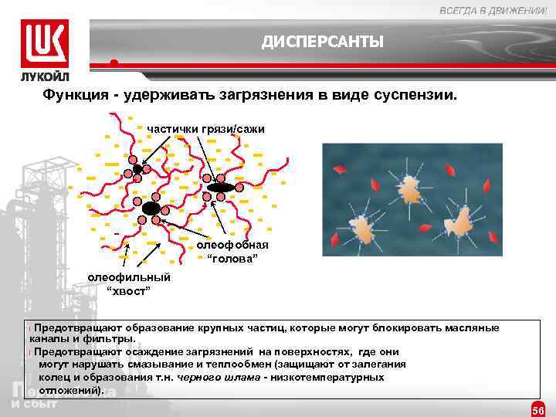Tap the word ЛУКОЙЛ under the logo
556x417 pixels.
pyautogui.click(x=45, y=77)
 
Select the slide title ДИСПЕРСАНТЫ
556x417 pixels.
pyautogui.click(x=322, y=41)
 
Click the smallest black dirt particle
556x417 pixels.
pyautogui.click(x=137, y=168)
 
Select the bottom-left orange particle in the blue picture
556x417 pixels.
pyautogui.click(x=361, y=227)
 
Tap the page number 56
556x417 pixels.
pyautogui.click(x=538, y=409)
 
